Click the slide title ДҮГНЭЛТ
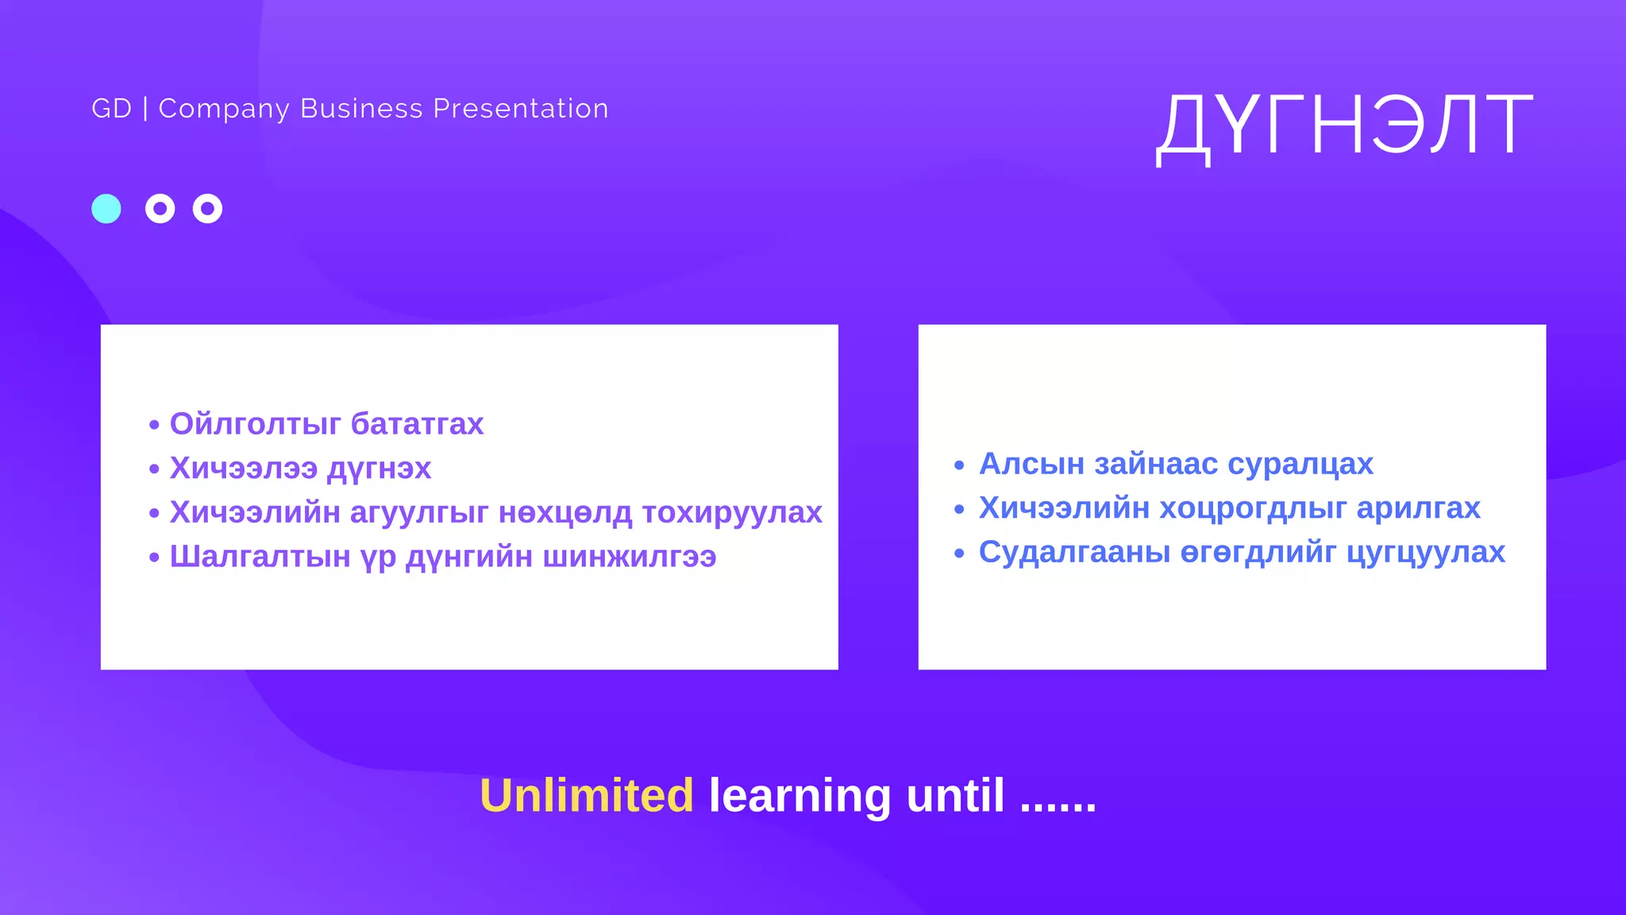click(x=1344, y=125)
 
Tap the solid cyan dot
click(x=106, y=209)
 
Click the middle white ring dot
click(x=160, y=209)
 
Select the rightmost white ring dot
click(x=207, y=209)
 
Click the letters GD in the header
click(x=111, y=109)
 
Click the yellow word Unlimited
click(x=587, y=796)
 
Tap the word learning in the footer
click(x=800, y=796)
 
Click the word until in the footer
click(x=955, y=796)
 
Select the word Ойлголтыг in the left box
click(x=255, y=424)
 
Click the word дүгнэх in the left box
click(x=380, y=469)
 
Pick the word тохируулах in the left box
click(x=732, y=512)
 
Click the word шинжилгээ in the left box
click(x=630, y=557)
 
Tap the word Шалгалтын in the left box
click(x=260, y=557)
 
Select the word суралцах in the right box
click(x=1300, y=464)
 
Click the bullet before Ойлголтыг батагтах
click(x=154, y=426)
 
